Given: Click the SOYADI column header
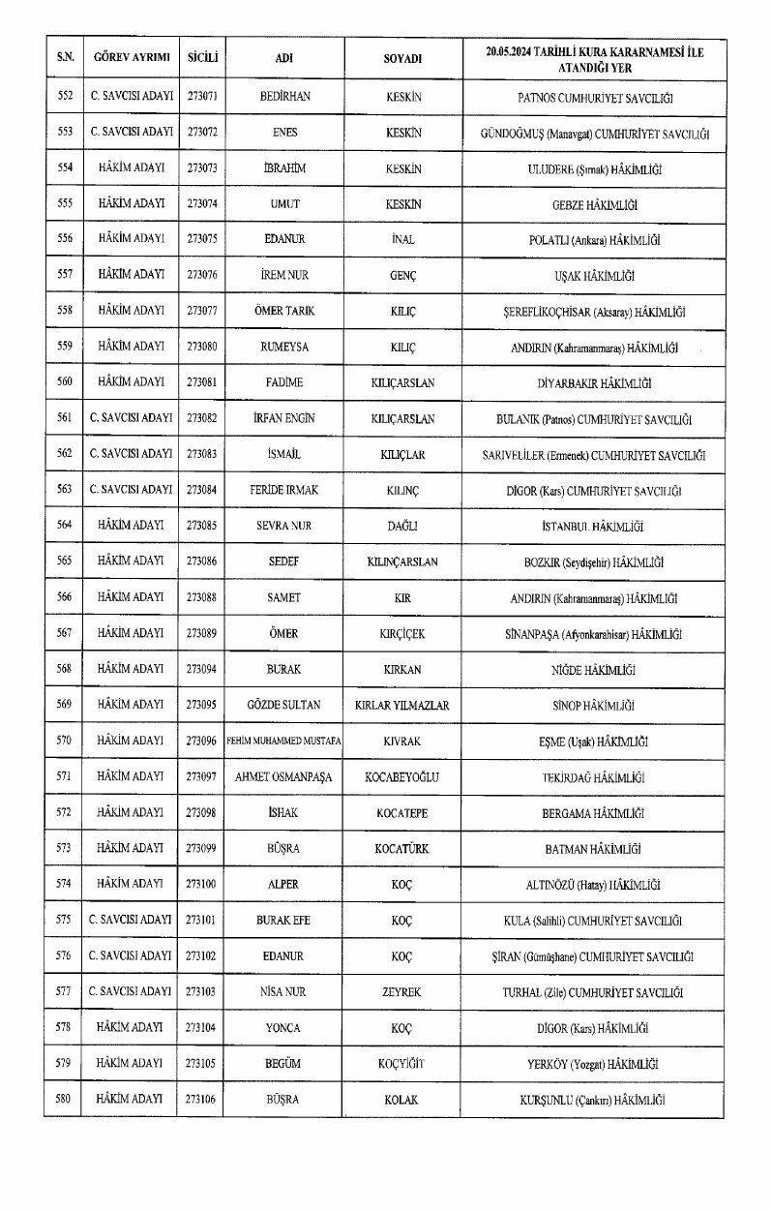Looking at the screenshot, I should click(402, 57).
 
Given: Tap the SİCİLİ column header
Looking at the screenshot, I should click(201, 57).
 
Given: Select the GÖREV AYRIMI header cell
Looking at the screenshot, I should click(131, 57).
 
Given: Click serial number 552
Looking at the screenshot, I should click(65, 98).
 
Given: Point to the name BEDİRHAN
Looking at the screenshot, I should click(284, 98).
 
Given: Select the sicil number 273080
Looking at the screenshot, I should click(201, 347).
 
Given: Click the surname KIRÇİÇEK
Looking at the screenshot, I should click(402, 634).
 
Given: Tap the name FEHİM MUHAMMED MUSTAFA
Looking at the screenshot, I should click(284, 742).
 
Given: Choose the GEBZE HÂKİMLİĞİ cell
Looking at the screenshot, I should click(594, 205).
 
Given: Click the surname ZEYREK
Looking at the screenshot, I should click(402, 992).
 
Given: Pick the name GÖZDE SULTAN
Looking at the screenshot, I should click(284, 706).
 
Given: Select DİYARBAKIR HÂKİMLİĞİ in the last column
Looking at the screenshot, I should click(594, 383).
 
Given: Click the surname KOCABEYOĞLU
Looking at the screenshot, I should click(402, 777).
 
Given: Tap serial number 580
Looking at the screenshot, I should click(65, 1100).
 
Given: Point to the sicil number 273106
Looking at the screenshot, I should click(201, 1100).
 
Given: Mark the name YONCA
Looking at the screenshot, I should click(284, 1028).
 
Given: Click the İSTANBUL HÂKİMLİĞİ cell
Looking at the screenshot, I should click(594, 527).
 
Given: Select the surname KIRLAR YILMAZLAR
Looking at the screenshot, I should click(402, 706).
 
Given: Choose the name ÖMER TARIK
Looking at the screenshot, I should click(284, 312).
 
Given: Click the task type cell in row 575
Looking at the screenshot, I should click(131, 921).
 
